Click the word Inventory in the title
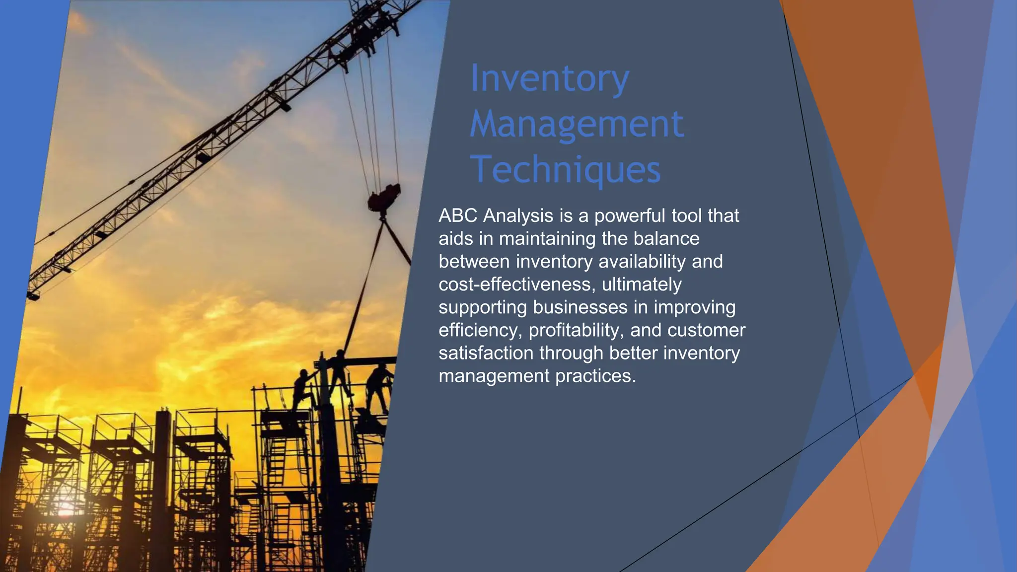click(x=549, y=78)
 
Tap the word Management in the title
click(x=577, y=124)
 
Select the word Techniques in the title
click(x=565, y=170)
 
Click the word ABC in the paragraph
click(x=458, y=215)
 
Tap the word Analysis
click(x=518, y=215)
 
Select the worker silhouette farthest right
click(x=378, y=387)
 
